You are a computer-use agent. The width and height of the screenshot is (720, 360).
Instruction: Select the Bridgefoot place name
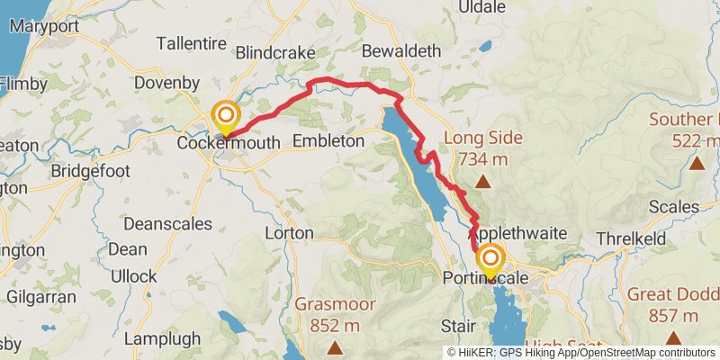[90, 170]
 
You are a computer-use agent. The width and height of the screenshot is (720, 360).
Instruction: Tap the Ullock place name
[133, 276]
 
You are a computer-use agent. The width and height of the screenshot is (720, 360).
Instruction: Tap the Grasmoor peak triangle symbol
[336, 347]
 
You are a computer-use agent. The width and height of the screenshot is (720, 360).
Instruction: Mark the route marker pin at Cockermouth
[225, 116]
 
